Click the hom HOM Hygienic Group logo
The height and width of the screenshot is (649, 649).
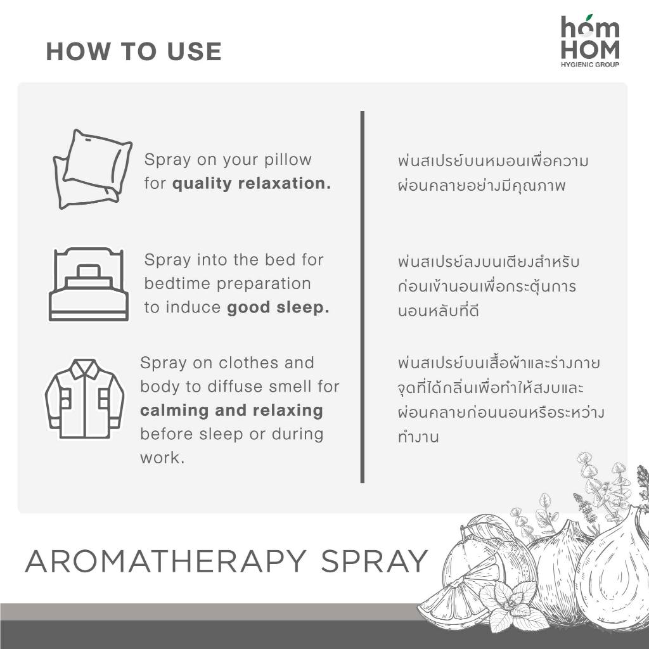pyautogui.click(x=590, y=41)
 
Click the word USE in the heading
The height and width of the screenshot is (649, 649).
pyautogui.click(x=194, y=51)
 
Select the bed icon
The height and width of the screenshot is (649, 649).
pyautogui.click(x=89, y=285)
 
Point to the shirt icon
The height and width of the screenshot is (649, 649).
pyautogui.click(x=84, y=399)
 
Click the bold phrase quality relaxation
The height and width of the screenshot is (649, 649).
pyautogui.click(x=252, y=183)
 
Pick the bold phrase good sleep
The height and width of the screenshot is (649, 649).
pyautogui.click(x=278, y=307)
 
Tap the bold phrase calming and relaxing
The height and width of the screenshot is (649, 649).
pyautogui.click(x=231, y=411)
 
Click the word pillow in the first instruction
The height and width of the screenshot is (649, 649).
pyautogui.click(x=288, y=160)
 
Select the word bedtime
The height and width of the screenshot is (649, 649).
pyautogui.click(x=177, y=283)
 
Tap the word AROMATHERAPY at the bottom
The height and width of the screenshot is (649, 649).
pyautogui.click(x=165, y=562)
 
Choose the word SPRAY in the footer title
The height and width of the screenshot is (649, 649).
pyautogui.click(x=374, y=562)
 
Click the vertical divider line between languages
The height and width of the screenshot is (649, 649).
pyautogui.click(x=362, y=297)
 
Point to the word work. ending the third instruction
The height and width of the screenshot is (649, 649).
pyautogui.click(x=162, y=458)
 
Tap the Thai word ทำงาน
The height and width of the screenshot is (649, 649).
pyautogui.click(x=418, y=437)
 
